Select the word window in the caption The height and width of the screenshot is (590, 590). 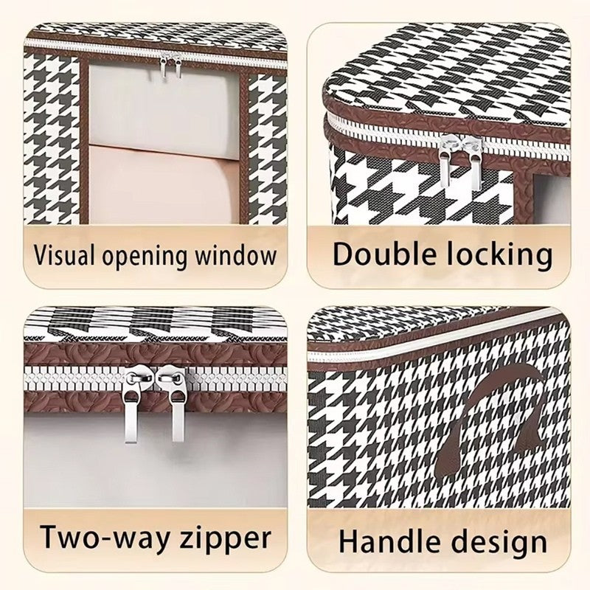235,255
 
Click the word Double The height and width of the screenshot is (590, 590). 384,254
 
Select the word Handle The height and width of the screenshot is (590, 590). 389,541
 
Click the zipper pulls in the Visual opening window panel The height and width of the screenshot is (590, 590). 170,65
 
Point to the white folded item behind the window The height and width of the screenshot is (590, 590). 164,109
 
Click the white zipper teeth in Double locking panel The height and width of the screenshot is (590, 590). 448,136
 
